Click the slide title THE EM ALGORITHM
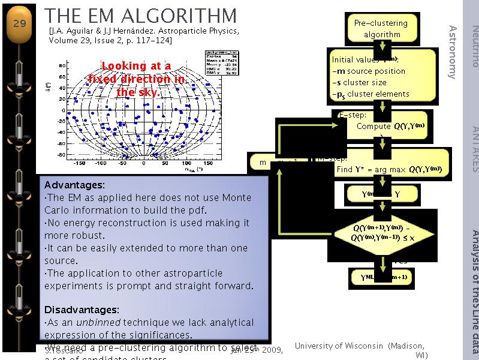[141, 16]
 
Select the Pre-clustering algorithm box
[381, 28]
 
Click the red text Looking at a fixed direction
[136, 79]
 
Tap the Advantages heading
[74, 185]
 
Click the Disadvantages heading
[82, 310]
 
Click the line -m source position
[368, 71]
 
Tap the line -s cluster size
[359, 82]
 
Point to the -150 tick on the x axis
[78, 162]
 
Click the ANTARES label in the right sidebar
[474, 148]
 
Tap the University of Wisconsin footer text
[360, 346]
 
